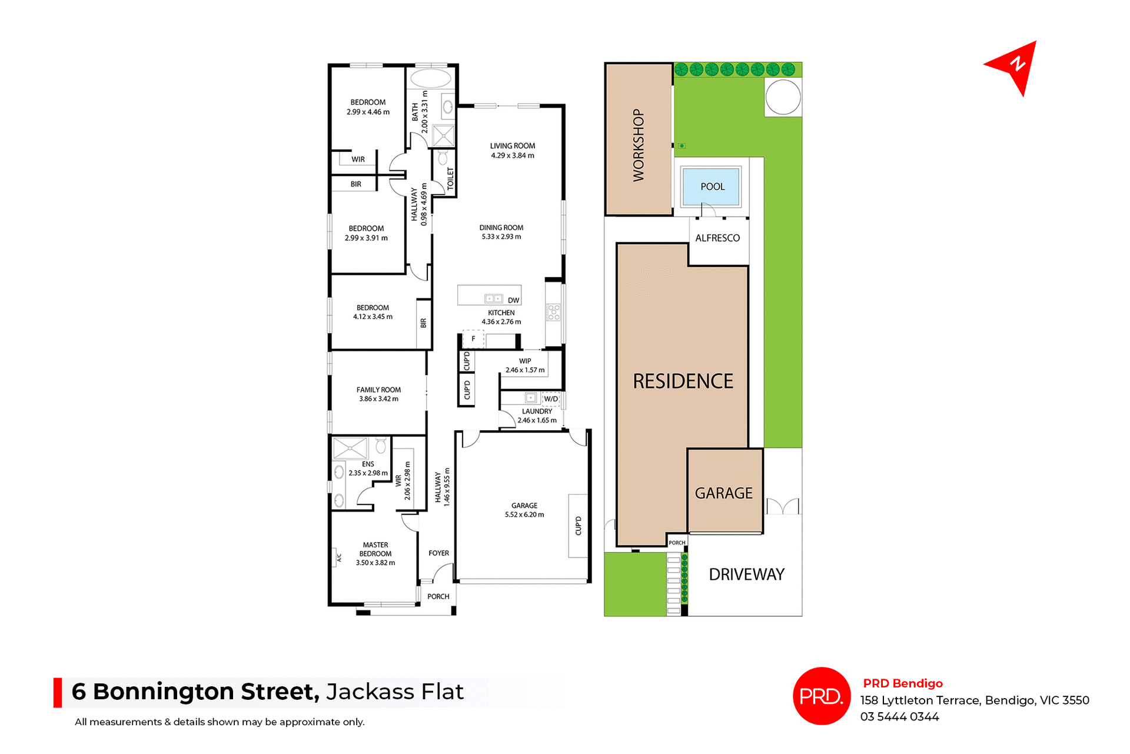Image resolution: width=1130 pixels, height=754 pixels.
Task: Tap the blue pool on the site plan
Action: (x=712, y=187)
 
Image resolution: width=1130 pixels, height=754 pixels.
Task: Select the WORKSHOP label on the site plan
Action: (x=639, y=145)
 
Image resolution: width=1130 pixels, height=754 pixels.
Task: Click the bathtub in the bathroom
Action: (x=430, y=78)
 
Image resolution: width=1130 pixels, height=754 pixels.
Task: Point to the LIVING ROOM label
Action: (x=512, y=146)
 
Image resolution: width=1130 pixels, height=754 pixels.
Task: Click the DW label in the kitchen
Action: (x=513, y=300)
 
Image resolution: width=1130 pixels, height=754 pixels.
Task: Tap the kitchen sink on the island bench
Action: (x=493, y=298)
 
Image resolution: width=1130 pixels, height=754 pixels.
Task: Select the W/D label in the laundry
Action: (x=551, y=399)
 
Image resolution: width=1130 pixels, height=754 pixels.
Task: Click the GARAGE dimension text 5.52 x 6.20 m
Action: (x=524, y=514)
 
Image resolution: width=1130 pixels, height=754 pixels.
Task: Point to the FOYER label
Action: (x=438, y=553)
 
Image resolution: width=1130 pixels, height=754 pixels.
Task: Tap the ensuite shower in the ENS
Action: (x=350, y=448)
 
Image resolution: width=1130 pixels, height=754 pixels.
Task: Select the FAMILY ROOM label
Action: (x=378, y=390)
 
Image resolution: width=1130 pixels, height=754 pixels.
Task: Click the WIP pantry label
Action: (x=525, y=361)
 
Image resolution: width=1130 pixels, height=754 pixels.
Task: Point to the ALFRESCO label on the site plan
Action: (x=717, y=238)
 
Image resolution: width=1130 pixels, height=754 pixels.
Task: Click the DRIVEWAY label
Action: (x=746, y=574)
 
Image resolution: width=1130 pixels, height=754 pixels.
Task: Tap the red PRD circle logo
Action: (x=821, y=696)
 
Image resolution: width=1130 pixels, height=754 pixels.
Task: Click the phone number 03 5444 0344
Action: (x=899, y=716)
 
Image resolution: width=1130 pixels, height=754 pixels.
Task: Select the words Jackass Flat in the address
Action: (x=395, y=692)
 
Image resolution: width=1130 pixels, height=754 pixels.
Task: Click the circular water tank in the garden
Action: (x=782, y=97)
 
